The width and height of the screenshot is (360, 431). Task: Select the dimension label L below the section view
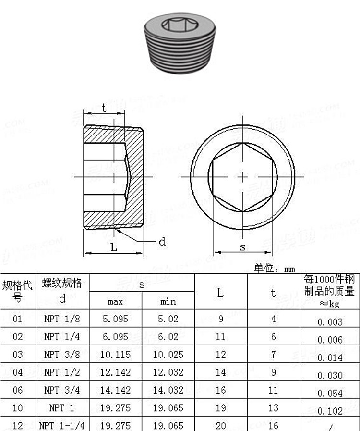click(114, 247)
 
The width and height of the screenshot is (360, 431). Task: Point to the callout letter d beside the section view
click(162, 241)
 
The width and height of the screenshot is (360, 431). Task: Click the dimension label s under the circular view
click(242, 247)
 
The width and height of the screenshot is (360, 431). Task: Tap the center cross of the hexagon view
click(242, 177)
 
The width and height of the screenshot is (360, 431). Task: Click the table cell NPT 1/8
click(62, 319)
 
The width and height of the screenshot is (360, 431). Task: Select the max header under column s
click(115, 302)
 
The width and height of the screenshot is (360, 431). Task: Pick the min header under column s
click(168, 302)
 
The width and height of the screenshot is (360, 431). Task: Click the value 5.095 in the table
click(115, 319)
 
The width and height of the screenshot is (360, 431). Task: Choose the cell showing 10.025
click(168, 355)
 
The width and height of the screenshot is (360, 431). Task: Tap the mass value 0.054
click(330, 393)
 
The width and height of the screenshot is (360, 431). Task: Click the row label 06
click(18, 390)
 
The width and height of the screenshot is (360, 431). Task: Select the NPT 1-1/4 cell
click(62, 425)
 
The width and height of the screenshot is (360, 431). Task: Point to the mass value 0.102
click(330, 411)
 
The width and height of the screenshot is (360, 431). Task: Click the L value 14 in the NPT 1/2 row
click(220, 372)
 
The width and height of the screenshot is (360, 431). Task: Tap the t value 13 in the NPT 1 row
click(273, 408)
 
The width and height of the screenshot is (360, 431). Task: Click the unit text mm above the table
click(289, 269)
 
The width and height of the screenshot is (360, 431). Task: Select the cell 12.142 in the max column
click(115, 372)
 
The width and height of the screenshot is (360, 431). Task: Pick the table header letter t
click(273, 293)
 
